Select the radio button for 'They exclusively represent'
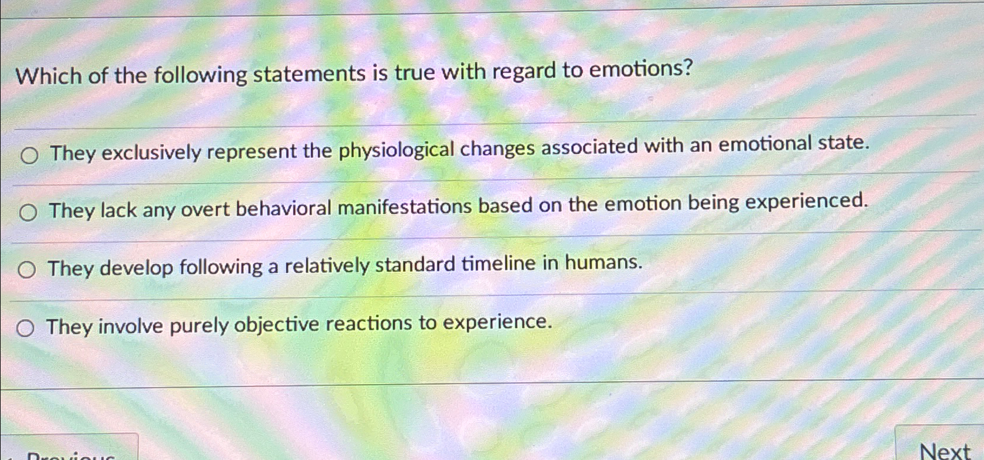pyautogui.click(x=29, y=155)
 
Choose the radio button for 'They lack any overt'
pyautogui.click(x=28, y=212)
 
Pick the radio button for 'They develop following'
pyautogui.click(x=26, y=270)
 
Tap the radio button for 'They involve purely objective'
pyautogui.click(x=25, y=328)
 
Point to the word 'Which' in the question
pyautogui.click(x=48, y=76)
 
